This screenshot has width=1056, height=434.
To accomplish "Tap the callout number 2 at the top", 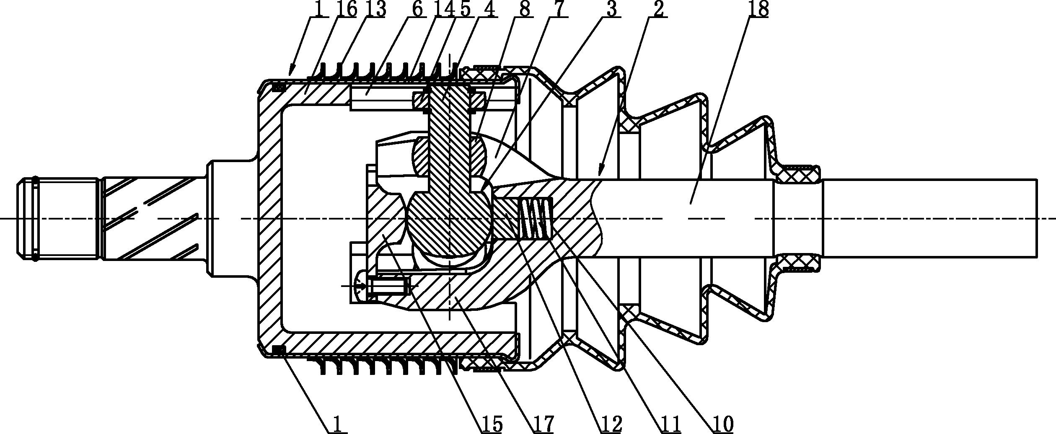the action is (658, 9).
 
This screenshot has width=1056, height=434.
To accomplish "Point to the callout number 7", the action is (560, 9).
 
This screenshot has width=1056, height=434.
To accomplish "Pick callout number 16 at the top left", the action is (346, 9).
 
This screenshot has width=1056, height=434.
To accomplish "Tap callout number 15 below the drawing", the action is (491, 425).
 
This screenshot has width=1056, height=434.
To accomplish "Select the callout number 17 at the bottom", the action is (544, 425).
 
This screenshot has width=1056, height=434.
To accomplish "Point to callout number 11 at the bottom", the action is (670, 425).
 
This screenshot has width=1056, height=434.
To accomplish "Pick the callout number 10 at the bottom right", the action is (722, 425).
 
